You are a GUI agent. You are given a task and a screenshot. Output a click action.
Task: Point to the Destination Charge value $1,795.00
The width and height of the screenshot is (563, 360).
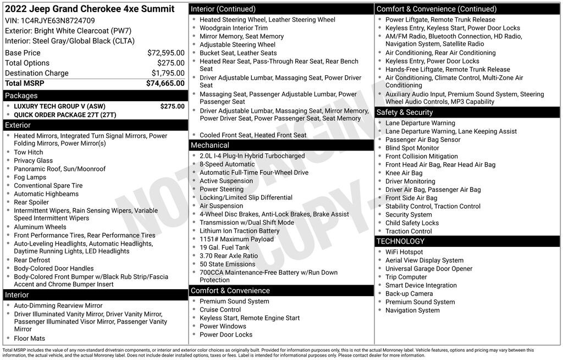[x=168, y=73]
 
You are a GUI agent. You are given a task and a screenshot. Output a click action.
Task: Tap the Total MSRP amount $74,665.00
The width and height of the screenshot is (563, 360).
[x=165, y=84]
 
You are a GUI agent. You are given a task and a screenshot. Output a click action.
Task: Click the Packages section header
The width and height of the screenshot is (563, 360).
[x=21, y=96]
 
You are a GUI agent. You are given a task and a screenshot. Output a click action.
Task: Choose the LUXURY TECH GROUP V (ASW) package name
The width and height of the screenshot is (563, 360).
[x=59, y=107]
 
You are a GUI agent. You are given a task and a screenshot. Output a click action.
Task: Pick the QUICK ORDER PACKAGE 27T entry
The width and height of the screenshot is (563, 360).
[x=65, y=115]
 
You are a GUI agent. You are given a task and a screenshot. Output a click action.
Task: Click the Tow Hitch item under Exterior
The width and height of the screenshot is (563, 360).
[x=29, y=152]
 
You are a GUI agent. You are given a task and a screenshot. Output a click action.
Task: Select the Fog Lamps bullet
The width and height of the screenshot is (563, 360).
[x=30, y=178]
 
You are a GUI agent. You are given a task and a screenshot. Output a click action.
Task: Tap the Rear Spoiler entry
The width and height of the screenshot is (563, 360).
[x=31, y=202]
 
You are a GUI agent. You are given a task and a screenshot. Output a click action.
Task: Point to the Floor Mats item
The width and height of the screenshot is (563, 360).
[x=30, y=339]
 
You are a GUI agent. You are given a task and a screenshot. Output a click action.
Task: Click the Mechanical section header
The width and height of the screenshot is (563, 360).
[x=209, y=145]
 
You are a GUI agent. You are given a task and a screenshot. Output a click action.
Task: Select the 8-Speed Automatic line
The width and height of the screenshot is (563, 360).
[x=227, y=164]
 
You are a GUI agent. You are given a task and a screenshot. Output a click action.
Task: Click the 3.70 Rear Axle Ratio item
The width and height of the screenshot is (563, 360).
[x=229, y=256]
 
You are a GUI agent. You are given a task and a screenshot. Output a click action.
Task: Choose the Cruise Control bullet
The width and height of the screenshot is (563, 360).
[x=220, y=309]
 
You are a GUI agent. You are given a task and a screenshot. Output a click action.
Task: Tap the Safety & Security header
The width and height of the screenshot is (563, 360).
[x=405, y=112]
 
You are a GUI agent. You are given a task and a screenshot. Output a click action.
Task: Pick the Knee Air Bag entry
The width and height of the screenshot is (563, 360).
[x=404, y=173]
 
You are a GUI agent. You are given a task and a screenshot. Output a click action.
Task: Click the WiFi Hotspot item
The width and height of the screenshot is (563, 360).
[x=404, y=252]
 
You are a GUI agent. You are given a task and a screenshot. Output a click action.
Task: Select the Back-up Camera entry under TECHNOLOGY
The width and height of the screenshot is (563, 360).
[x=409, y=293]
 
